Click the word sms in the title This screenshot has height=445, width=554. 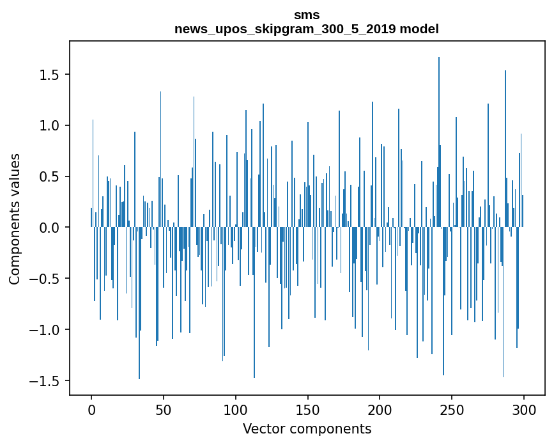pyautogui.click(x=307, y=15)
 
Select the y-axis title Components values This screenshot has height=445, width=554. pyautogui.click(x=15, y=219)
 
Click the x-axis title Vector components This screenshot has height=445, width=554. pyautogui.click(x=307, y=428)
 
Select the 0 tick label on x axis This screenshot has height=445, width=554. pyautogui.click(x=91, y=409)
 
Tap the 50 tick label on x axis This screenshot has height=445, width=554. pyautogui.click(x=164, y=409)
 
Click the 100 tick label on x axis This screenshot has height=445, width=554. pyautogui.click(x=236, y=409)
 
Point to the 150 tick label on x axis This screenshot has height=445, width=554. pyautogui.click(x=308, y=409)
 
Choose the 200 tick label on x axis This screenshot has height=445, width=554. pyautogui.click(x=380, y=409)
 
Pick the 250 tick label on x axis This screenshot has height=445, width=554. pyautogui.click(x=452, y=409)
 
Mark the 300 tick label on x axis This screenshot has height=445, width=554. pyautogui.click(x=524, y=409)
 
